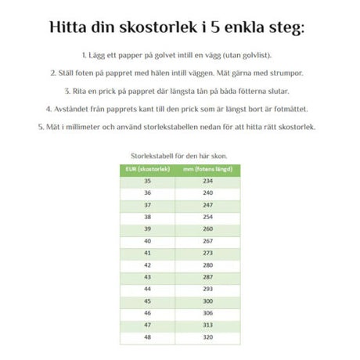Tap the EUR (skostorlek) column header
[146, 169]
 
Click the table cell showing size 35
[146, 181]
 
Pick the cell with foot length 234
[208, 181]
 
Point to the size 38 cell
[146, 217]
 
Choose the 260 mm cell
[208, 229]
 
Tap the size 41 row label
[146, 253]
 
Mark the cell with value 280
[208, 265]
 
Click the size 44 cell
[146, 289]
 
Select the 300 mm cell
[208, 301]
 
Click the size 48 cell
[146, 337]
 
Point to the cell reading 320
[208, 337]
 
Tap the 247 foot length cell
[208, 205]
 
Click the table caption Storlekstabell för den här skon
[180, 156]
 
